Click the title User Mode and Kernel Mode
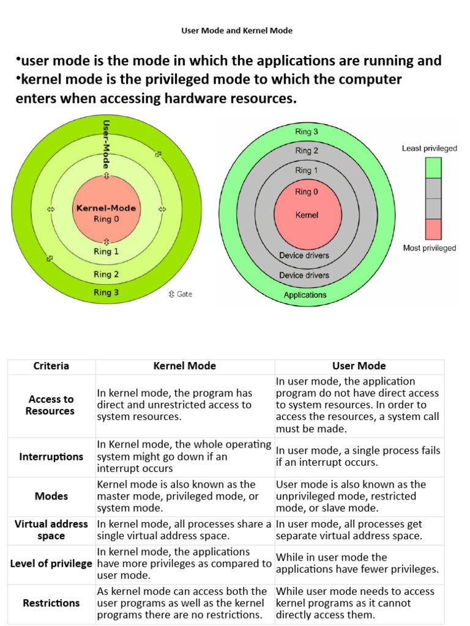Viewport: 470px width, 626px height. [237, 31]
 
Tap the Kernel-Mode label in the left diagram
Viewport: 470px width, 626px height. [106, 208]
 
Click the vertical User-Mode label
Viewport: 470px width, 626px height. [106, 144]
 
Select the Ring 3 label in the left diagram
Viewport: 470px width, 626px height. [106, 292]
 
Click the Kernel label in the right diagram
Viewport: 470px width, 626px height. [307, 215]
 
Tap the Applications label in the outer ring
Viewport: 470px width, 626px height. [305, 295]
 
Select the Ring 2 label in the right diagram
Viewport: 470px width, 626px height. [307, 150]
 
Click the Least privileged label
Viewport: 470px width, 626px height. [429, 148]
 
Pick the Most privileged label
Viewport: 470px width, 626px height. [429, 248]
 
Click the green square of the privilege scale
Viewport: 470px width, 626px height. [433, 168]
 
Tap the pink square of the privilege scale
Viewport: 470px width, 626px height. [433, 229]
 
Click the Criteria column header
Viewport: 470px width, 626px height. [51, 366]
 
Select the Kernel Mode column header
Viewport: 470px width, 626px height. [185, 366]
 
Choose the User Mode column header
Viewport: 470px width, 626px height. [359, 366]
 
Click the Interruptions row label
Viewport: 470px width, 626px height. [51, 457]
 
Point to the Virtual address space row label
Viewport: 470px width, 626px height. [51, 530]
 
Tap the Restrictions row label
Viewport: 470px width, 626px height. [51, 603]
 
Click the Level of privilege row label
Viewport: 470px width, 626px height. [51, 563]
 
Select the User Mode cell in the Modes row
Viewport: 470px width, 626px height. [351, 496]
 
